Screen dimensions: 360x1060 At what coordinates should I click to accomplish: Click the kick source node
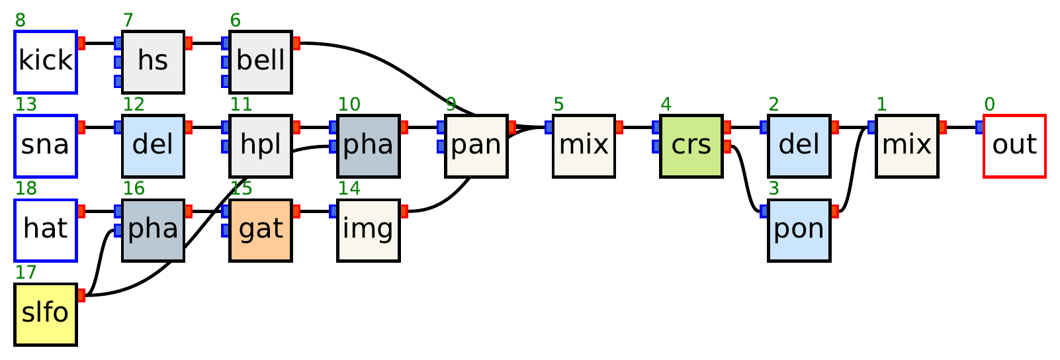[46, 62]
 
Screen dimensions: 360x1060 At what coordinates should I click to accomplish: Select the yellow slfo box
[46, 314]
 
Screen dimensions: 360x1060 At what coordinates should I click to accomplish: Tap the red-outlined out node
[1014, 146]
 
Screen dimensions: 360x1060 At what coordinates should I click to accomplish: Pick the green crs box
[691, 146]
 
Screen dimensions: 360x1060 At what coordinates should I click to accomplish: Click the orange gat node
[261, 230]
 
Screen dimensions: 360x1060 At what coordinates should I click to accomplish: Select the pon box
[799, 230]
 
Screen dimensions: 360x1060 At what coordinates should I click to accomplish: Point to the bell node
[261, 62]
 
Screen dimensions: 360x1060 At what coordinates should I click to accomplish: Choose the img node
[368, 230]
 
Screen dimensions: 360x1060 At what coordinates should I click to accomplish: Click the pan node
[476, 146]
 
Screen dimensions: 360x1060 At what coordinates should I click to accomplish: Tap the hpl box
[261, 146]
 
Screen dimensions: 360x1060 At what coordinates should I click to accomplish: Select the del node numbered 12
[153, 146]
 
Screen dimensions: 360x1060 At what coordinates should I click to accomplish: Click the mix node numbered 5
[584, 146]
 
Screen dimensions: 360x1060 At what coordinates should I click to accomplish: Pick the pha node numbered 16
[153, 230]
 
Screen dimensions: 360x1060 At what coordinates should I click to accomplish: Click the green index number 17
[25, 272]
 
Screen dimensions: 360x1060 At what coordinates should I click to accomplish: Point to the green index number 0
[989, 104]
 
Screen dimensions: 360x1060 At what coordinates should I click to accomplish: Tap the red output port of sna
[81, 127]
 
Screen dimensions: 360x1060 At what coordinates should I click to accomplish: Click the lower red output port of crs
[727, 146]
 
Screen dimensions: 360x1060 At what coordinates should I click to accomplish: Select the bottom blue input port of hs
[118, 81]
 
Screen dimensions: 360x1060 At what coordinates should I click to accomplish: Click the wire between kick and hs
[99, 44]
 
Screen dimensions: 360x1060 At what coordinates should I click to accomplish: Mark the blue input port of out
[979, 127]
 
